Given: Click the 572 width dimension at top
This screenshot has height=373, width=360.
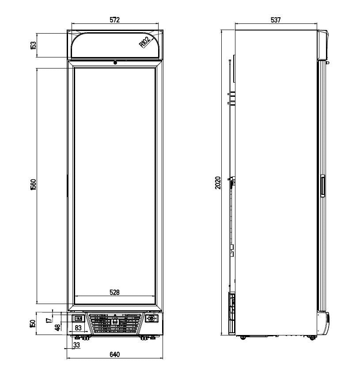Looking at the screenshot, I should [x=114, y=20].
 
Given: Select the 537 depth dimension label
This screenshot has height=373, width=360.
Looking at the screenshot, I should [x=276, y=20].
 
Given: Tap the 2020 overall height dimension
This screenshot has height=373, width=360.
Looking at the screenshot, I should [x=217, y=183].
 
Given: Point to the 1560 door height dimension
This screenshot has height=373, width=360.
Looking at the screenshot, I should [x=33, y=185].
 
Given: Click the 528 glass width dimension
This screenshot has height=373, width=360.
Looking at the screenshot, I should [x=114, y=292].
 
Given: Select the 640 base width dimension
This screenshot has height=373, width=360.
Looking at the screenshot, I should [x=114, y=354].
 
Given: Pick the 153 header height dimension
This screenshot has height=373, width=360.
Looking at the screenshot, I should [x=33, y=45].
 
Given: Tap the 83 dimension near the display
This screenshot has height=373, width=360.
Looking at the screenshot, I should [x=78, y=328].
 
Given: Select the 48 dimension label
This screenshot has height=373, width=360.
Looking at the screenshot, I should [x=57, y=327].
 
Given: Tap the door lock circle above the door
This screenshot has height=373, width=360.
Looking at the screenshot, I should [x=115, y=63].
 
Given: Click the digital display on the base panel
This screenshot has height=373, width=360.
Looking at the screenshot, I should [x=78, y=318].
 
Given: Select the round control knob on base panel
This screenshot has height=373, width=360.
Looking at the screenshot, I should [x=152, y=318].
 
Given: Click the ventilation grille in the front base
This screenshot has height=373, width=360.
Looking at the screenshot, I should [x=115, y=324].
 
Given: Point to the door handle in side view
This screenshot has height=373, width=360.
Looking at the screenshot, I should [x=322, y=185].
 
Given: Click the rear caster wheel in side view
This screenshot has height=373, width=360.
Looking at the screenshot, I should [x=243, y=338].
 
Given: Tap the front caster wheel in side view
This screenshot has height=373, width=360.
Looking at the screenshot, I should [x=312, y=338].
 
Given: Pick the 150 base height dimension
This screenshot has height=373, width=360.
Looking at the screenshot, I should [x=33, y=324].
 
